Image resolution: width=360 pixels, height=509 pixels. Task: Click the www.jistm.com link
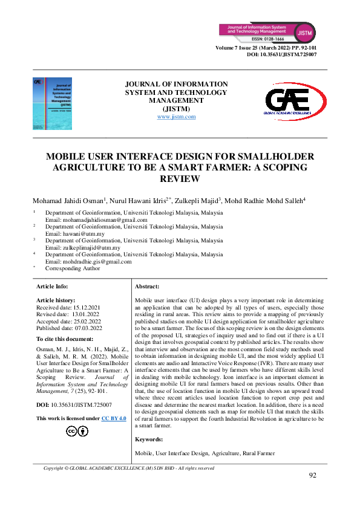(176, 117)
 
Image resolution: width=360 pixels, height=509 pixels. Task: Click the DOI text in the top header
(282, 54)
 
